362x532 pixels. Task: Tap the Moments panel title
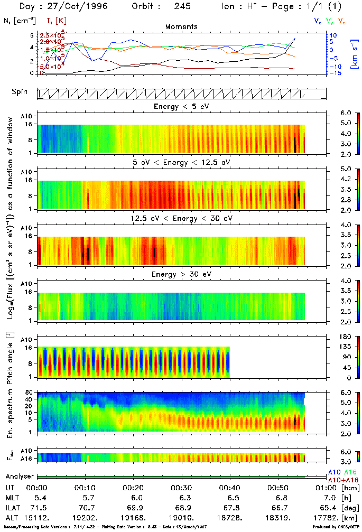coord(181,26)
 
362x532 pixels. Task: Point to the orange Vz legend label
coord(341,21)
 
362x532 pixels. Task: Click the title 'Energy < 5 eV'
coord(181,107)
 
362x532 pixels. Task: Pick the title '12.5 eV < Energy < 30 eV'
coord(181,218)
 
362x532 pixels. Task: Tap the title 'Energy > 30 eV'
coord(181,274)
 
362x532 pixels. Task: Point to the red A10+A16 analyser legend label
coord(344,480)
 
